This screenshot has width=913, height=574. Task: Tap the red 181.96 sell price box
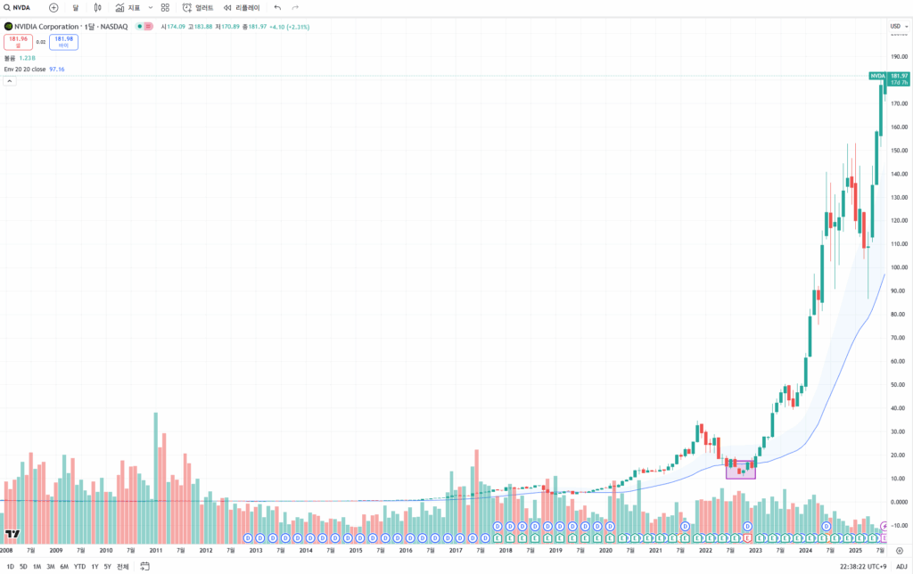click(18, 41)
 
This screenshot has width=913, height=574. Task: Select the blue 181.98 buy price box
click(63, 41)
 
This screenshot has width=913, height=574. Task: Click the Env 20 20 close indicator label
click(25, 69)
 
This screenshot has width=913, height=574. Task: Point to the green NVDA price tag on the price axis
click(877, 76)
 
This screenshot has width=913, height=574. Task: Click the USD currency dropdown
click(898, 26)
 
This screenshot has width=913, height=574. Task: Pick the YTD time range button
click(79, 567)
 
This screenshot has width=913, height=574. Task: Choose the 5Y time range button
click(107, 567)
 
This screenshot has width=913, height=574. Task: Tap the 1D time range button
click(10, 567)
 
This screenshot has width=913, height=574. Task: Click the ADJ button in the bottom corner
click(901, 567)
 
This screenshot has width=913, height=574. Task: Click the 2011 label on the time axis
click(155, 551)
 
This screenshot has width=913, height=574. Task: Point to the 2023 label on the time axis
click(755, 551)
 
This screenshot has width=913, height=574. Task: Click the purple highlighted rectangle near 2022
click(741, 470)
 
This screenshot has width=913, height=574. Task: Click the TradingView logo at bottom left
click(12, 535)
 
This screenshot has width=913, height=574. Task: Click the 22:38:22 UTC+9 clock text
click(864, 567)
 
